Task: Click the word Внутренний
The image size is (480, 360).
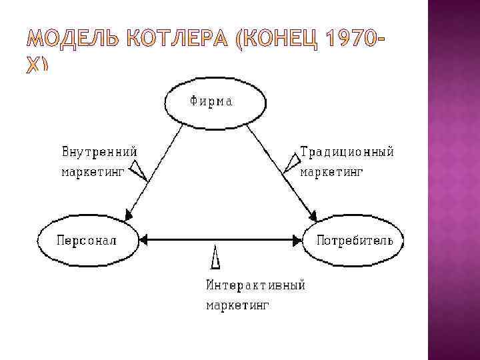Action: pos(99,151)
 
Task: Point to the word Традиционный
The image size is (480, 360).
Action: pos(347,151)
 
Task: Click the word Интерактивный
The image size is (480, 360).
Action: pos(255,285)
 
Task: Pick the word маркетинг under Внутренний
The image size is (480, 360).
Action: pos(93,172)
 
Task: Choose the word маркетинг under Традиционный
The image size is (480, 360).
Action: pos(331,172)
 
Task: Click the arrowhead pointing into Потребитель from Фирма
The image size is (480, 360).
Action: pos(312,216)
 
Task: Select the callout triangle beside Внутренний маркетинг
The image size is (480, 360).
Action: pos(139,171)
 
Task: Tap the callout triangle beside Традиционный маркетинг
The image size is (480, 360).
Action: pos(291,163)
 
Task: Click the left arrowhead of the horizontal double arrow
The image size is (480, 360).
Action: pos(143,238)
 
